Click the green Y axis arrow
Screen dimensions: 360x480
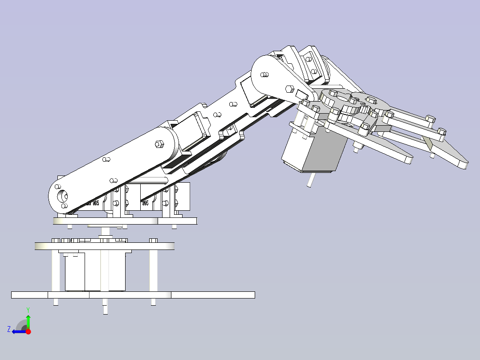click(x=28, y=320)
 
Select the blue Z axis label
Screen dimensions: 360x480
click(x=9, y=329)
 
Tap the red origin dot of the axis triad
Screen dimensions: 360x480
click(x=28, y=331)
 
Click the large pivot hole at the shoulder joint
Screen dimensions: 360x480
click(x=61, y=196)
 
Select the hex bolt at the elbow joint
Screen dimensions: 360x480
click(x=159, y=143)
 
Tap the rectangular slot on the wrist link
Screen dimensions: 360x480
click(x=302, y=94)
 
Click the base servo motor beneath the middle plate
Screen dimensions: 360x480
click(x=96, y=272)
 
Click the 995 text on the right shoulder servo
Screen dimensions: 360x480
click(x=145, y=203)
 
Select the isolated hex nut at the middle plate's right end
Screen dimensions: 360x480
click(x=153, y=241)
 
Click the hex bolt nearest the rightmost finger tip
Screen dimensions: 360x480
click(x=441, y=131)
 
